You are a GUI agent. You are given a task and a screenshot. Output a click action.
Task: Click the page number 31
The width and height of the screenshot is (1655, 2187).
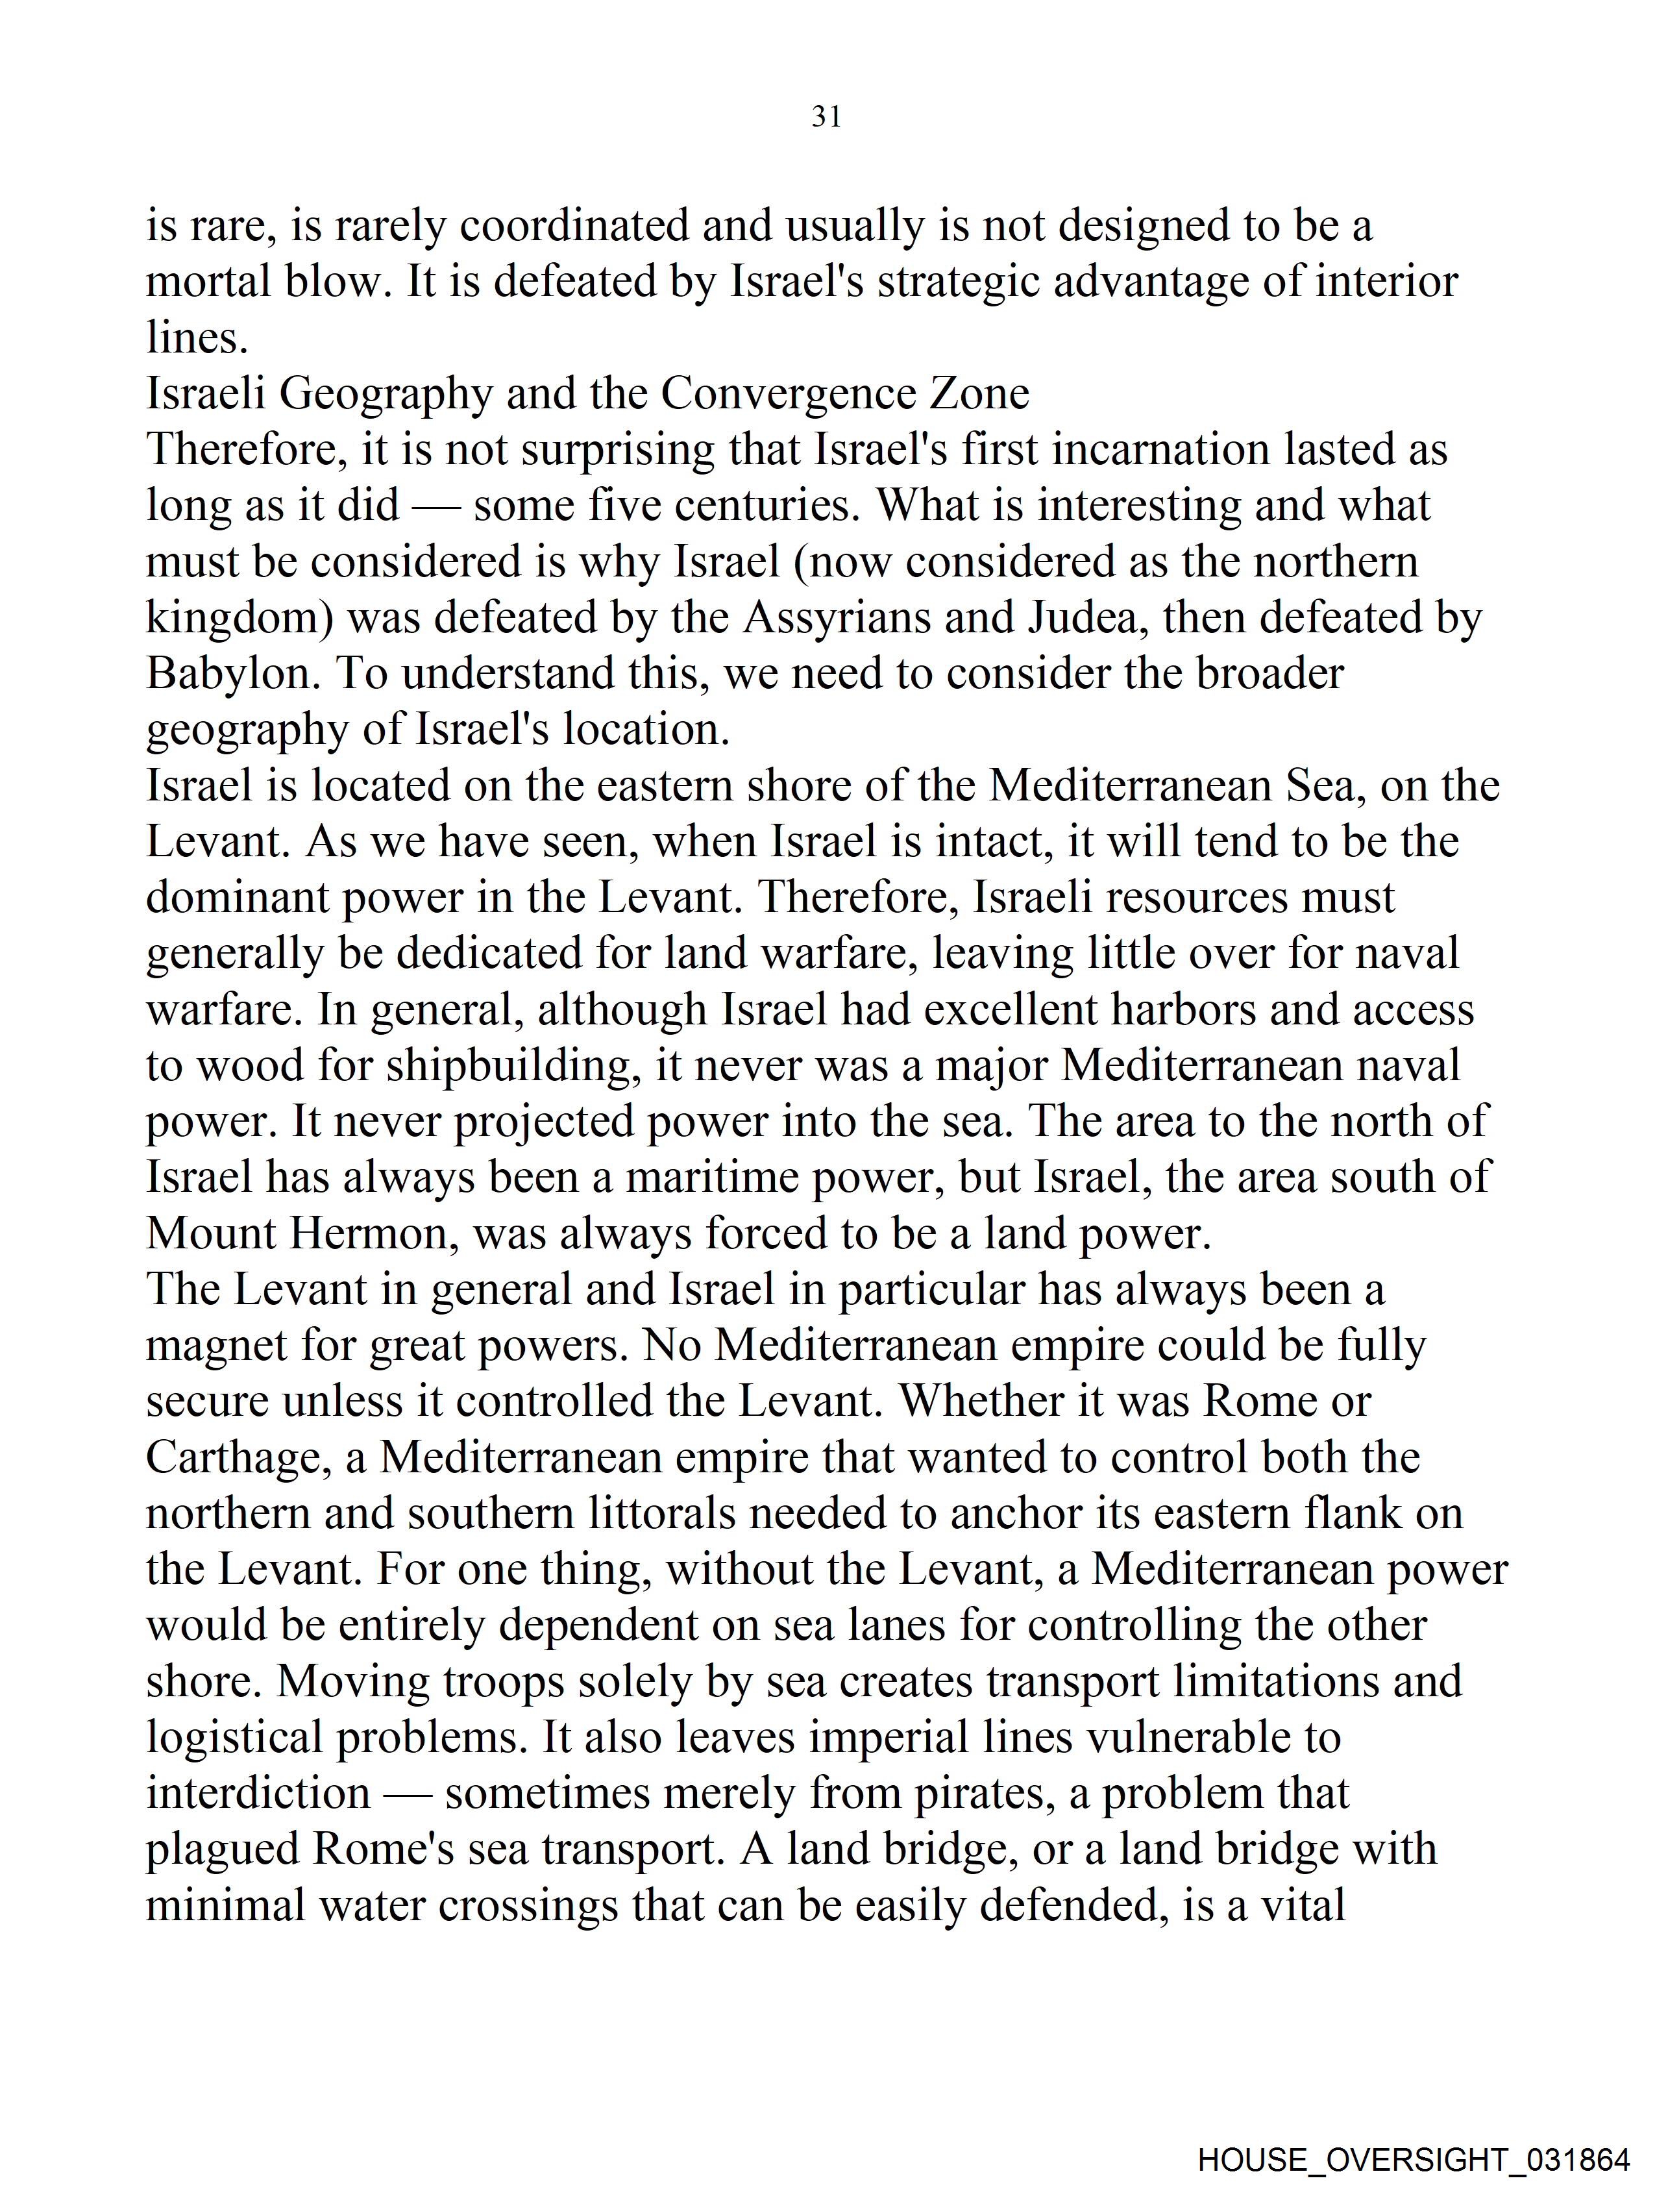826,117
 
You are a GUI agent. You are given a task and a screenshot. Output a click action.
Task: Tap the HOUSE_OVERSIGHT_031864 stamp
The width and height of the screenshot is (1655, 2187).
1413,2159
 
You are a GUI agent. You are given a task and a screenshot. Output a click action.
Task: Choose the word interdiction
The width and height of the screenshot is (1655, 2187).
258,1794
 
